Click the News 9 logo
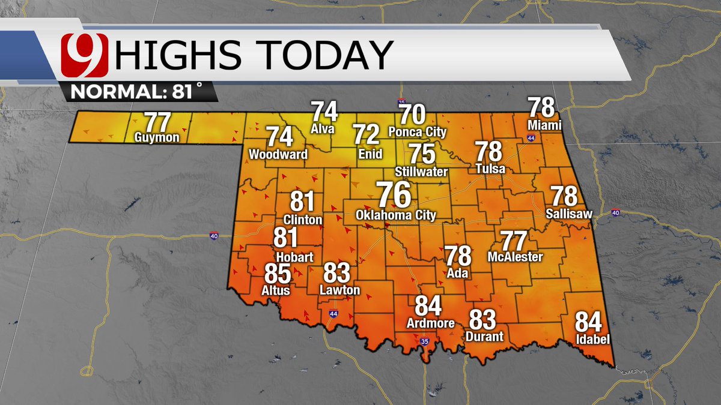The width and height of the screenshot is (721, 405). click(x=84, y=55)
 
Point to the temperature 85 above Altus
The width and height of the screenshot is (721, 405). click(x=278, y=275)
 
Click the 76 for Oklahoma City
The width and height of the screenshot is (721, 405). click(x=394, y=194)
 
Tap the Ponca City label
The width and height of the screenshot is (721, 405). click(x=418, y=131)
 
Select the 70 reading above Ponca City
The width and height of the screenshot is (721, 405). click(x=413, y=114)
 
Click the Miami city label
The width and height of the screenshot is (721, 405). click(x=544, y=125)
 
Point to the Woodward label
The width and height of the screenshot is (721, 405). click(x=278, y=154)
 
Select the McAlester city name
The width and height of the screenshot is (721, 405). click(x=515, y=257)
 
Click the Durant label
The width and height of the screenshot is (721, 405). click(x=484, y=336)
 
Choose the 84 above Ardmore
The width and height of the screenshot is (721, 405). click(x=428, y=306)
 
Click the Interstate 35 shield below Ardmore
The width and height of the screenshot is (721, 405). click(x=425, y=341)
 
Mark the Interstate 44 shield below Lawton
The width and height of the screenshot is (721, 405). click(x=334, y=313)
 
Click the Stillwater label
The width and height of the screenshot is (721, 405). click(x=421, y=172)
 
